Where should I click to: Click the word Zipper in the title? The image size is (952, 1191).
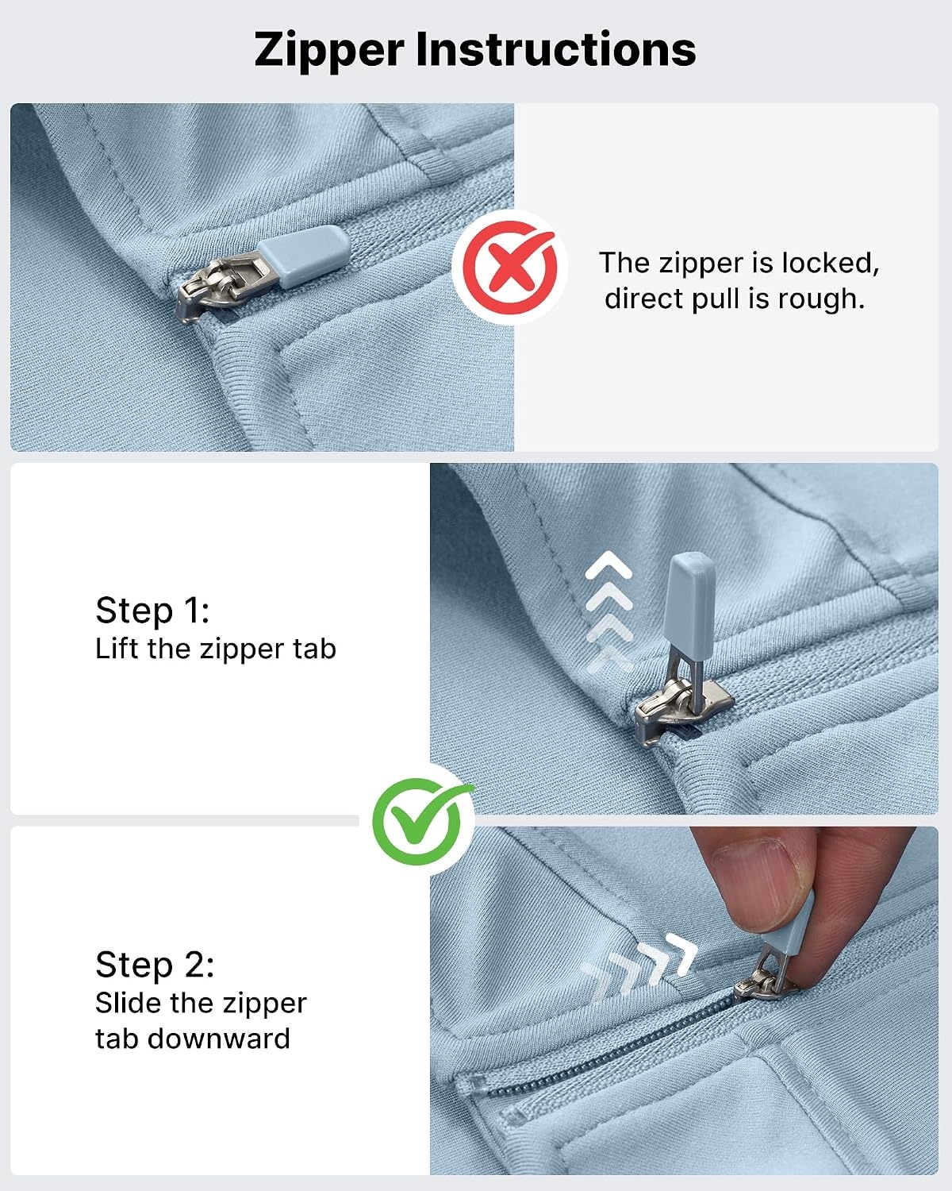point(329,51)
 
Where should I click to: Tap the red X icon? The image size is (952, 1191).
point(509,268)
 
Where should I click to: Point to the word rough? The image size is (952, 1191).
point(821,299)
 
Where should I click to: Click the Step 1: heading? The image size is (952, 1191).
point(152,611)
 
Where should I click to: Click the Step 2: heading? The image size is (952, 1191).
point(155,965)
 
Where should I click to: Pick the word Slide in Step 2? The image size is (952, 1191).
point(129,1003)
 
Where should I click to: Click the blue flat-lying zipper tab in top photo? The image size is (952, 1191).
point(303,255)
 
